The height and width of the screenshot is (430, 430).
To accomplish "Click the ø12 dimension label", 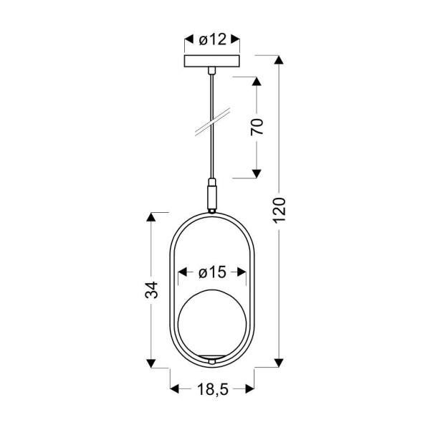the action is pyautogui.click(x=213, y=39).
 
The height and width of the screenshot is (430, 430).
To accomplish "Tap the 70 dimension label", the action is pyautogui.click(x=257, y=127).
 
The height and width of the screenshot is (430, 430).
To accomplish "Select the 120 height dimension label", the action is pyautogui.click(x=279, y=210).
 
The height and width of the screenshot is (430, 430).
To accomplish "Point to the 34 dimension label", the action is pyautogui.click(x=152, y=290).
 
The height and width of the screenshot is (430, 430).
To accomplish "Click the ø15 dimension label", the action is pyautogui.click(x=212, y=272).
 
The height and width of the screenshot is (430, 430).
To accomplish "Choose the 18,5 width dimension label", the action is pyautogui.click(x=213, y=389).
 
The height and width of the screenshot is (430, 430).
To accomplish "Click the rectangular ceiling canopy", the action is pyautogui.click(x=212, y=61).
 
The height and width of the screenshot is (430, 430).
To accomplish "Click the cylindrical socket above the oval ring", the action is pyautogui.click(x=212, y=196).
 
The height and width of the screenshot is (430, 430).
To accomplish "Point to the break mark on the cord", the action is pyautogui.click(x=213, y=122).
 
